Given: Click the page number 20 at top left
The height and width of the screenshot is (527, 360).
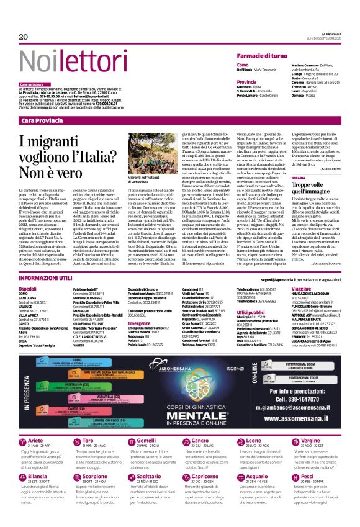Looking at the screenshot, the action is coord(23,37).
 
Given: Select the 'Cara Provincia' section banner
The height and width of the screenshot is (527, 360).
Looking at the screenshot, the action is coord(46,120).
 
